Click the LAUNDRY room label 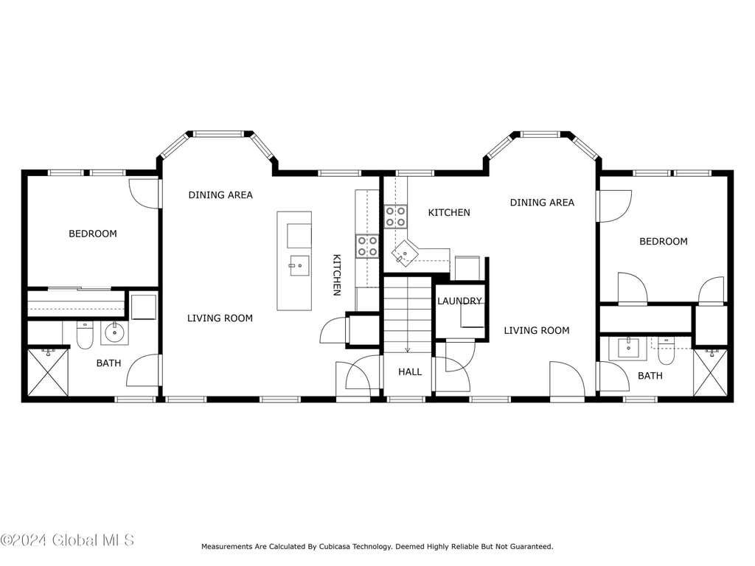(459, 301)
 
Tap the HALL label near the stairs (410, 371)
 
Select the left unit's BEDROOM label (93, 234)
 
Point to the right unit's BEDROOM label (663, 241)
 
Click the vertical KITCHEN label (337, 275)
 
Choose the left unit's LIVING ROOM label (220, 318)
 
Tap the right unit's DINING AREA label (542, 202)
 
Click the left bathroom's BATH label (109, 363)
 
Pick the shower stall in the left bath (48, 372)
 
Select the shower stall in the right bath (710, 372)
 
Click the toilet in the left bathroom (85, 335)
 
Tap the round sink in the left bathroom (114, 332)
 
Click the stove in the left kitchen (367, 245)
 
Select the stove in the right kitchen (396, 216)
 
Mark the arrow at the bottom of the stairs (407, 349)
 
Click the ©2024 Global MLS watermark (67, 540)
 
